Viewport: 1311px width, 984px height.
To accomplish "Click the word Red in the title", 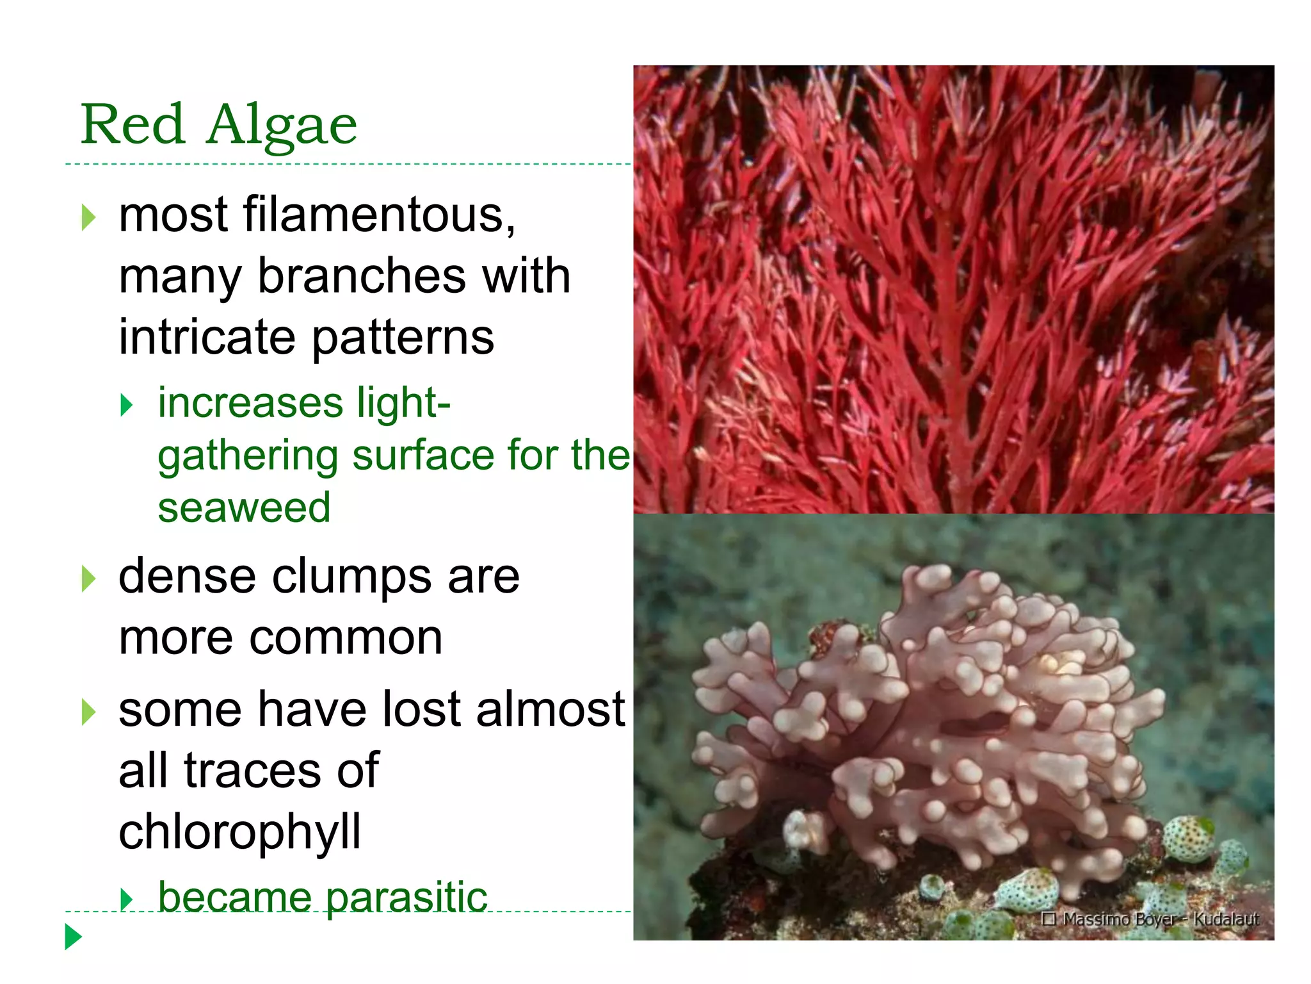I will point(133,124).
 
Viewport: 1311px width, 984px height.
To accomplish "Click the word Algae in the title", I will point(282,126).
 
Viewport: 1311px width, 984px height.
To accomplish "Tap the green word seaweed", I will point(244,508).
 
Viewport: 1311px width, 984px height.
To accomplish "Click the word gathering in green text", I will point(247,456).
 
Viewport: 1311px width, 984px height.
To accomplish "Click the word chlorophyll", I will point(240,832).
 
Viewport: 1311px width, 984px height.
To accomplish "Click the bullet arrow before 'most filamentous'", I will point(88,218).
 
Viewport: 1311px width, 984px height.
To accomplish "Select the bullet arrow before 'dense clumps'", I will point(88,579).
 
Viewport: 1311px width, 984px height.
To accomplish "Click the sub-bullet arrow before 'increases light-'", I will point(127,405).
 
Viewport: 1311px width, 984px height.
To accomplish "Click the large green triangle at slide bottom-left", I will point(74,937).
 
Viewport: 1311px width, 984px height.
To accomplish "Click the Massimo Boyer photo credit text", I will point(1150,919).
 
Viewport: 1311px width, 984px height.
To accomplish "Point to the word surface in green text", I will point(422,455).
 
